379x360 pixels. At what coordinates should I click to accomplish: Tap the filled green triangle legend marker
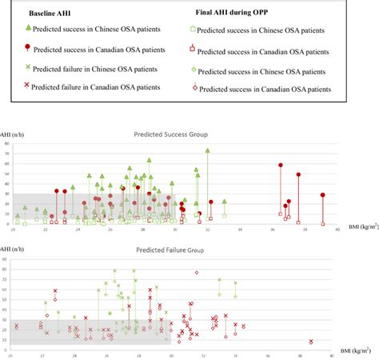click(29, 30)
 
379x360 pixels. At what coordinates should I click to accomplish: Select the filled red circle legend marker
click(29, 50)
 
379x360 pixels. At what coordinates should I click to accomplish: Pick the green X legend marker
click(29, 68)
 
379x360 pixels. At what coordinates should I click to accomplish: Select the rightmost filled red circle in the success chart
click(323, 194)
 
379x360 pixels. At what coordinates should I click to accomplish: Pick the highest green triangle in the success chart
click(207, 150)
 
